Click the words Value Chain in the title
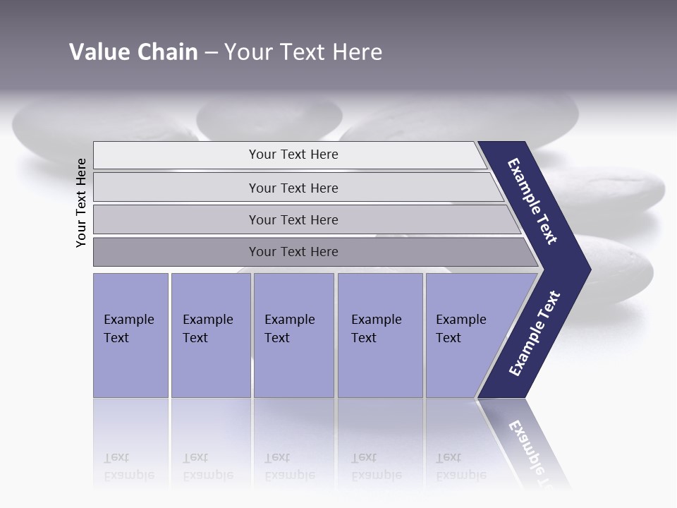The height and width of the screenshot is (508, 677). pos(133,52)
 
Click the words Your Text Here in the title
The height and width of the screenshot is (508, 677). pos(303,52)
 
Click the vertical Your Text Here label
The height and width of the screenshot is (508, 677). pos(81,202)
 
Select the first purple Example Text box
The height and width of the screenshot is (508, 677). pos(130,336)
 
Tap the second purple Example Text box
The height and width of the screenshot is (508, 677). pos(210,336)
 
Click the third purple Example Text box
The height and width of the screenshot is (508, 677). pos(293,336)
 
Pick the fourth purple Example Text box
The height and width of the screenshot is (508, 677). pos(379,336)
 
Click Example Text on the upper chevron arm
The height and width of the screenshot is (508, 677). pos(532,201)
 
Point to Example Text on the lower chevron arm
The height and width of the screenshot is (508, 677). pos(535,333)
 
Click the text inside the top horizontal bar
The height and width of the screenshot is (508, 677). pos(293,155)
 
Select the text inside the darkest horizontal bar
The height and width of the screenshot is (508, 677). pos(293,252)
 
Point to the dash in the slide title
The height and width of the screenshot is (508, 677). pos(211,53)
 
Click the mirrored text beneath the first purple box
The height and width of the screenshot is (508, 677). pos(128,466)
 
